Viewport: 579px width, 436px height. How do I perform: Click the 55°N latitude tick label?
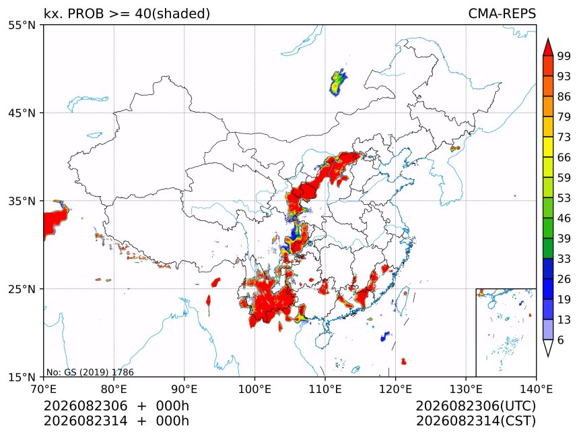22,25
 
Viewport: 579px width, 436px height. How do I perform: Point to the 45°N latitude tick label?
22,113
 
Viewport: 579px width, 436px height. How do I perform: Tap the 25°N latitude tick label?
22,288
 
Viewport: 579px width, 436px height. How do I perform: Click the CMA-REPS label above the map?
502,13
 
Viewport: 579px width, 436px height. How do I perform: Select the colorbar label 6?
561,340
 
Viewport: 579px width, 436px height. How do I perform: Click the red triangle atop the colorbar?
548,47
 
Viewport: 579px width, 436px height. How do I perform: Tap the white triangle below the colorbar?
548,347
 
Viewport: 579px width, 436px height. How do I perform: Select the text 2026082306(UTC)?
475,406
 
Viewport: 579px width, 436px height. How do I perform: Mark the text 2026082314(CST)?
475,421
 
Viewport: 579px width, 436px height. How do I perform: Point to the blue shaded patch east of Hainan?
385,336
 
